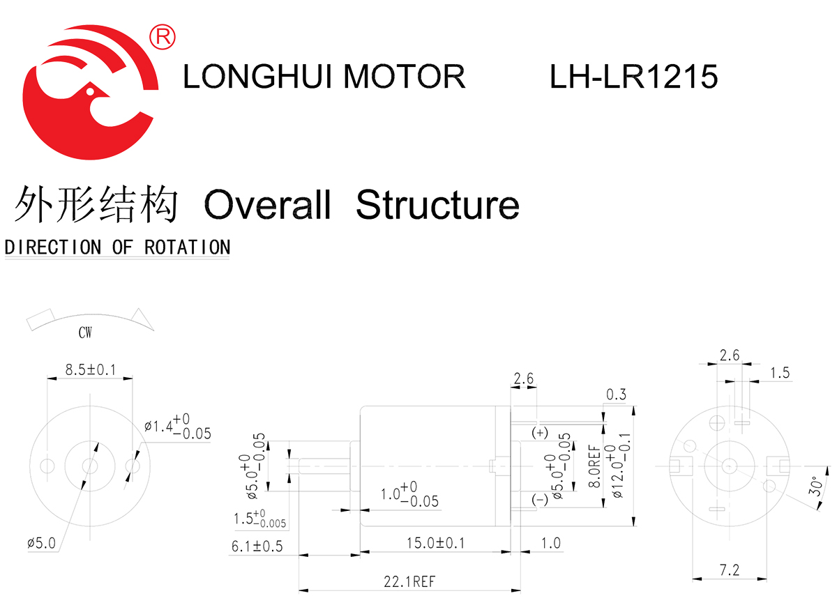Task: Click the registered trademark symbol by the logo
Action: click(163, 36)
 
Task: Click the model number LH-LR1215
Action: click(633, 76)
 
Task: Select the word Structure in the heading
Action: click(437, 205)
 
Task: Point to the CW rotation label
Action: click(85, 333)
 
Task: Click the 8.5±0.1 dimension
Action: click(90, 369)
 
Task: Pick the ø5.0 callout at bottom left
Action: click(42, 543)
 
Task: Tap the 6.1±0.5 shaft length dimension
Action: click(257, 546)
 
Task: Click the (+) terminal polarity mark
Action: click(540, 433)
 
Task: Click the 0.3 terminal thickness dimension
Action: click(616, 395)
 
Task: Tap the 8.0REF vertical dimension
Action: click(594, 466)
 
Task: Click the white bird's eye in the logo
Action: click(89, 89)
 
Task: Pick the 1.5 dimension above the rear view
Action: click(780, 373)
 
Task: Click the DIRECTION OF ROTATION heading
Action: click(117, 247)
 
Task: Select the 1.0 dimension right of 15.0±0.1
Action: click(550, 543)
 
